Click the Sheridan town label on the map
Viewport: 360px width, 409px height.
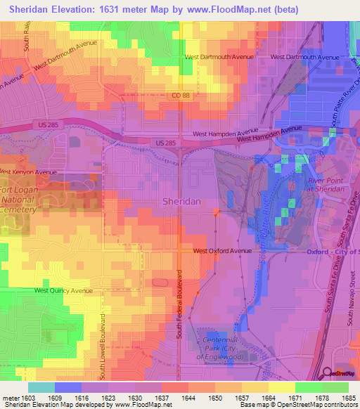[181, 201]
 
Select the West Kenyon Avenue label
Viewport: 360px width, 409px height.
[28, 172]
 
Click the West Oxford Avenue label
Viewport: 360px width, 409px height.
[222, 251]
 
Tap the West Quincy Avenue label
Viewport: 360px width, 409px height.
[63, 290]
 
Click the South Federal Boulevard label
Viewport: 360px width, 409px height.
[179, 303]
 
